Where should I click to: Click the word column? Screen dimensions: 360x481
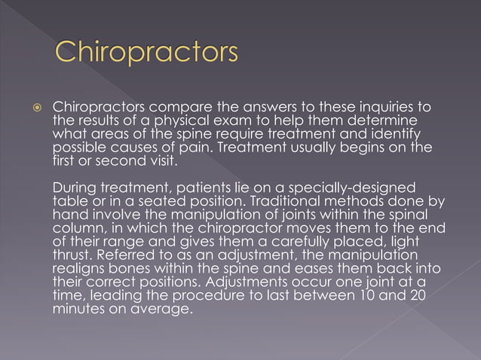click(x=78, y=228)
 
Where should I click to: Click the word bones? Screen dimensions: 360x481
click(x=135, y=269)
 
